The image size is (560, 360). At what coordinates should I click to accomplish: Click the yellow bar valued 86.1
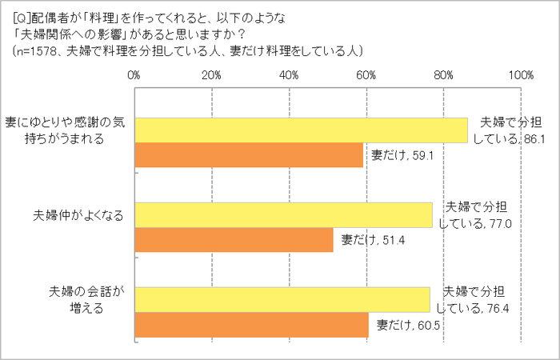[300, 130]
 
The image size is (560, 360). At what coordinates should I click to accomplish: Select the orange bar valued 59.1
[248, 155]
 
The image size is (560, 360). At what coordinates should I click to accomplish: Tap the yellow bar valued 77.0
[282, 215]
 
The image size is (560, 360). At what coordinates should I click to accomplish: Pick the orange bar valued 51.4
[233, 240]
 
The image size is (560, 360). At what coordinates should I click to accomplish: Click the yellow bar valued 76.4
[282, 300]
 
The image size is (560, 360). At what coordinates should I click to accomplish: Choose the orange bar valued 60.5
[250, 325]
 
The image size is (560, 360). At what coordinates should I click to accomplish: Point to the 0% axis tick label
[134, 75]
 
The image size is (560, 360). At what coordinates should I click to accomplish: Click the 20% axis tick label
[211, 75]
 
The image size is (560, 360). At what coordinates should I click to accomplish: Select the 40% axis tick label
[289, 75]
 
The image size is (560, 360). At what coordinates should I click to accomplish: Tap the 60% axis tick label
[366, 75]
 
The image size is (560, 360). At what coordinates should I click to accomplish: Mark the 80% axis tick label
[444, 75]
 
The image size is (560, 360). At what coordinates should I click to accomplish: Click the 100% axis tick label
[520, 75]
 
